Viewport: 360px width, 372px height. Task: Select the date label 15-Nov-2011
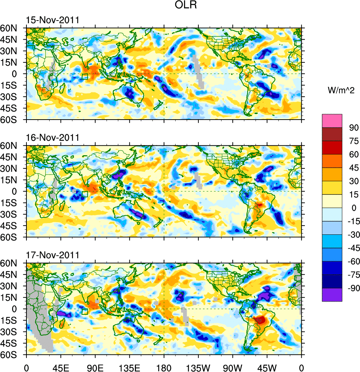point(53,20)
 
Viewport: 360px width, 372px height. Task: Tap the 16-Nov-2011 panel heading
point(53,138)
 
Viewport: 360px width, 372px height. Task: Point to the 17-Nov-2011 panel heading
point(53,255)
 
